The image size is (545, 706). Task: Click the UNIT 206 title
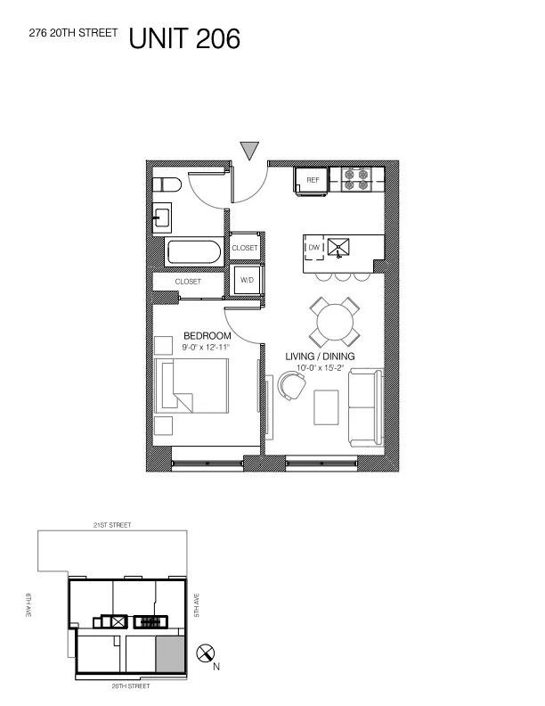(x=184, y=39)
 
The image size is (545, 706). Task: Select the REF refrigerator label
(x=313, y=180)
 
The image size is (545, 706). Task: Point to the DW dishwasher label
(x=313, y=247)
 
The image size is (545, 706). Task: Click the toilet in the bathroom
(x=167, y=185)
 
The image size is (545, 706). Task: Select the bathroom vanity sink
(x=162, y=216)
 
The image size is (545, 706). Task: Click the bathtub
(x=192, y=251)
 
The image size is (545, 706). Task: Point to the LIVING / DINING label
(x=320, y=357)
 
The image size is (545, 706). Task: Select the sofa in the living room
(x=364, y=407)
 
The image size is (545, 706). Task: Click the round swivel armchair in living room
(x=290, y=384)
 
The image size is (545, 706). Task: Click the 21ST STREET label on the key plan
(x=113, y=526)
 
